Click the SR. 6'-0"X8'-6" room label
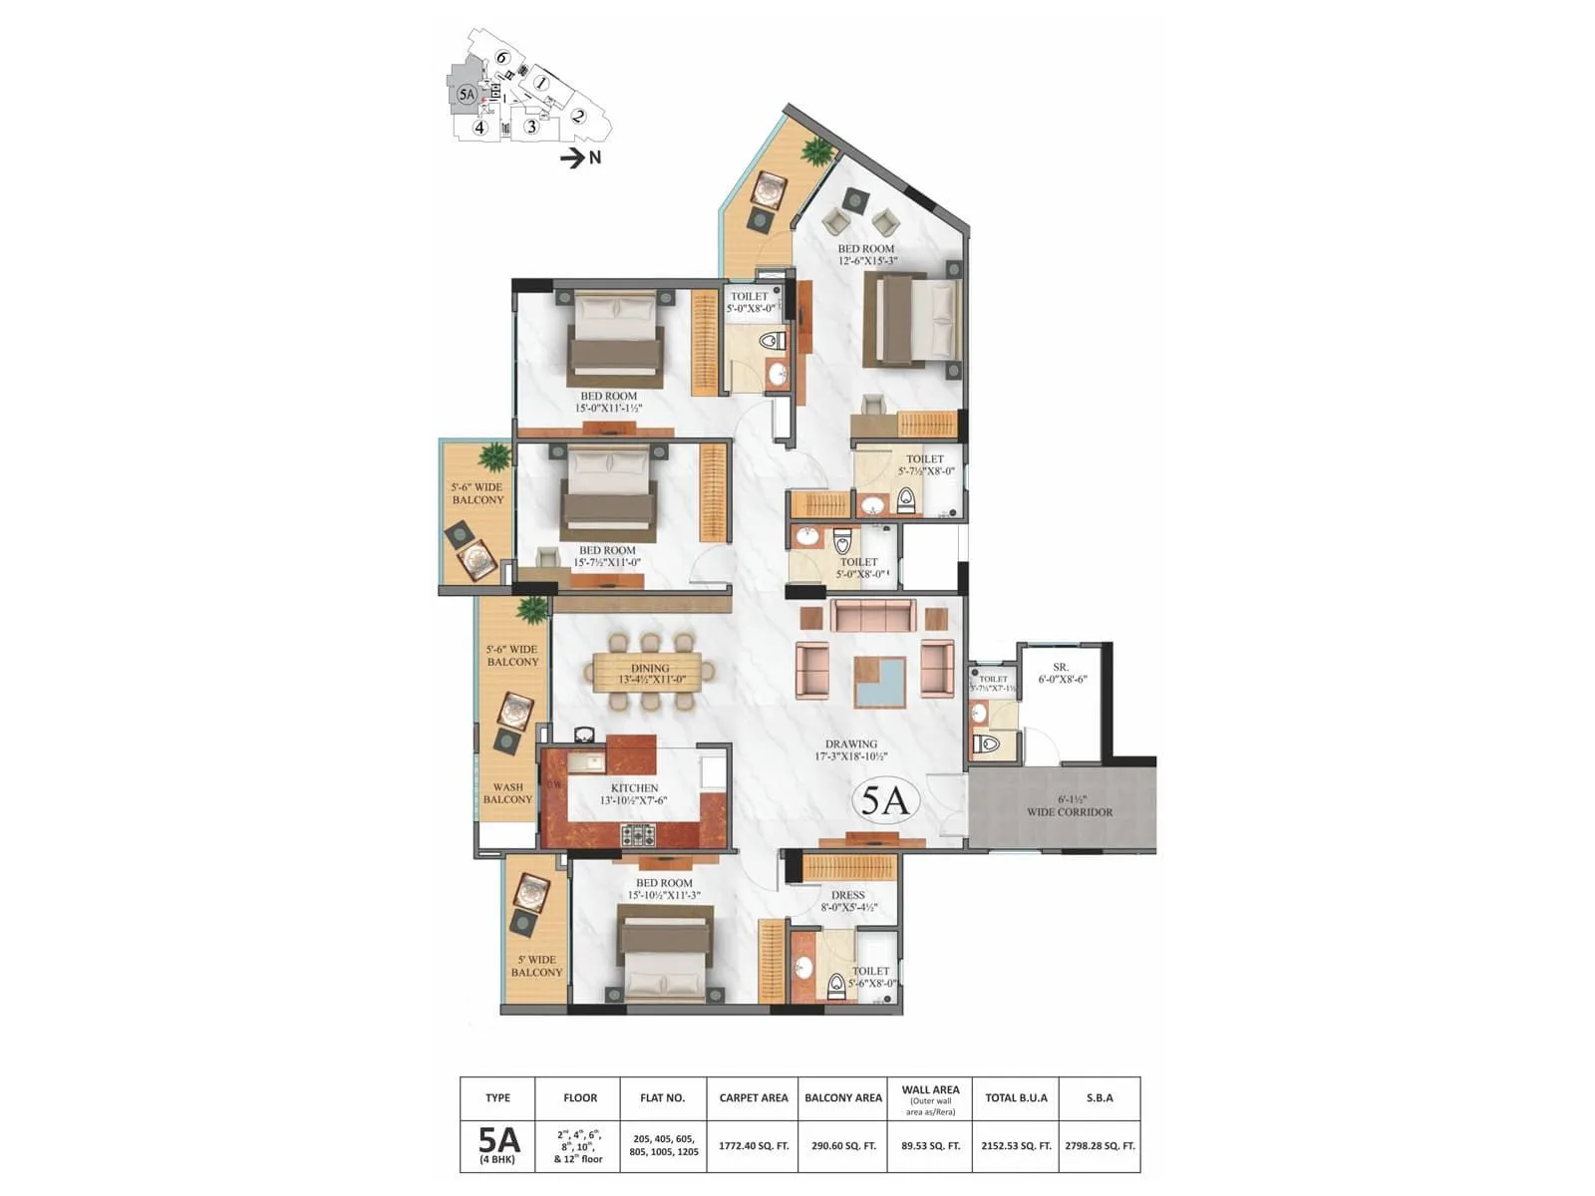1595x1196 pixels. click(1061, 673)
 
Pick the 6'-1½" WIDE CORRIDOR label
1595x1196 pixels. click(1070, 805)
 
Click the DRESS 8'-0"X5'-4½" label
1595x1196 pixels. click(847, 901)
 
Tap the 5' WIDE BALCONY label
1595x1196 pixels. click(536, 966)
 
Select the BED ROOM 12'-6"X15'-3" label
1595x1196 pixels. click(866, 255)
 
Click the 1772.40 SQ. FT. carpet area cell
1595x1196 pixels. click(754, 1146)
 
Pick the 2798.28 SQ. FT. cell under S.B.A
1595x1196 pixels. click(1100, 1146)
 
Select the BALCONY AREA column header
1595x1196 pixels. click(842, 1097)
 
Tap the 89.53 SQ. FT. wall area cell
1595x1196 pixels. click(930, 1146)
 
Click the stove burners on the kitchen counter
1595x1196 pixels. click(638, 834)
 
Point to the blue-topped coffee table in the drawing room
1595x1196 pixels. click(879, 683)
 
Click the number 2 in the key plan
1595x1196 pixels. click(577, 116)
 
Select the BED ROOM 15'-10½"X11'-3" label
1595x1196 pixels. click(664, 889)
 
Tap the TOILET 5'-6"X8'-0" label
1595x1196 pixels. click(870, 977)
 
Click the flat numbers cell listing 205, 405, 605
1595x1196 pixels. click(663, 1145)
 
